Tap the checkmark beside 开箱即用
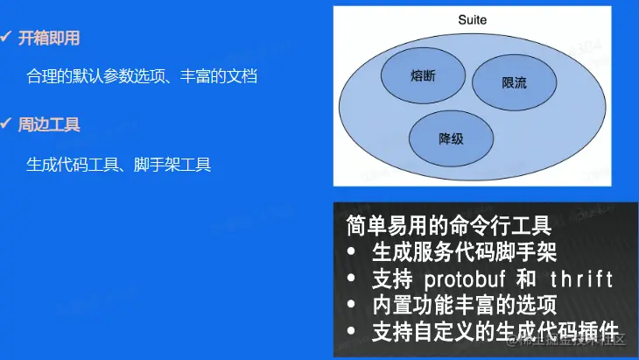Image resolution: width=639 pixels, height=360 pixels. (x=6, y=38)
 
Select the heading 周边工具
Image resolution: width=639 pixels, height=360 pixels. (x=49, y=124)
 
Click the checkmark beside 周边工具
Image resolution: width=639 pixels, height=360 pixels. (x=6, y=124)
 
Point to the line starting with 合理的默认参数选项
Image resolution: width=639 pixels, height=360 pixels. (x=142, y=76)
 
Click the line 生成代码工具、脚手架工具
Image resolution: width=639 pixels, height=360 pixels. (x=118, y=164)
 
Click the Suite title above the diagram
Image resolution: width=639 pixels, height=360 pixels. (x=473, y=18)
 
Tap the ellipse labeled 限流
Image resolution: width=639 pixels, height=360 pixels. (x=515, y=83)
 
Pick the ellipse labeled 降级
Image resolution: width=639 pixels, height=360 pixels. (x=451, y=138)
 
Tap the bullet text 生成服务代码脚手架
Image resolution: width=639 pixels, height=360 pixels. (x=464, y=252)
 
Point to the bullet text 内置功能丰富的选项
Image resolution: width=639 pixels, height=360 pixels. (x=464, y=306)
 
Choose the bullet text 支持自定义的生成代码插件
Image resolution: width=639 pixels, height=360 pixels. (x=495, y=332)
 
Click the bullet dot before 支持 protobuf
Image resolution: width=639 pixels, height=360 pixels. (x=352, y=279)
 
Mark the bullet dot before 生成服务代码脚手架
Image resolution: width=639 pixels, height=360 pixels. (x=352, y=252)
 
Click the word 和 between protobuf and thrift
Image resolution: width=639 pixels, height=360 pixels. (x=525, y=279)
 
